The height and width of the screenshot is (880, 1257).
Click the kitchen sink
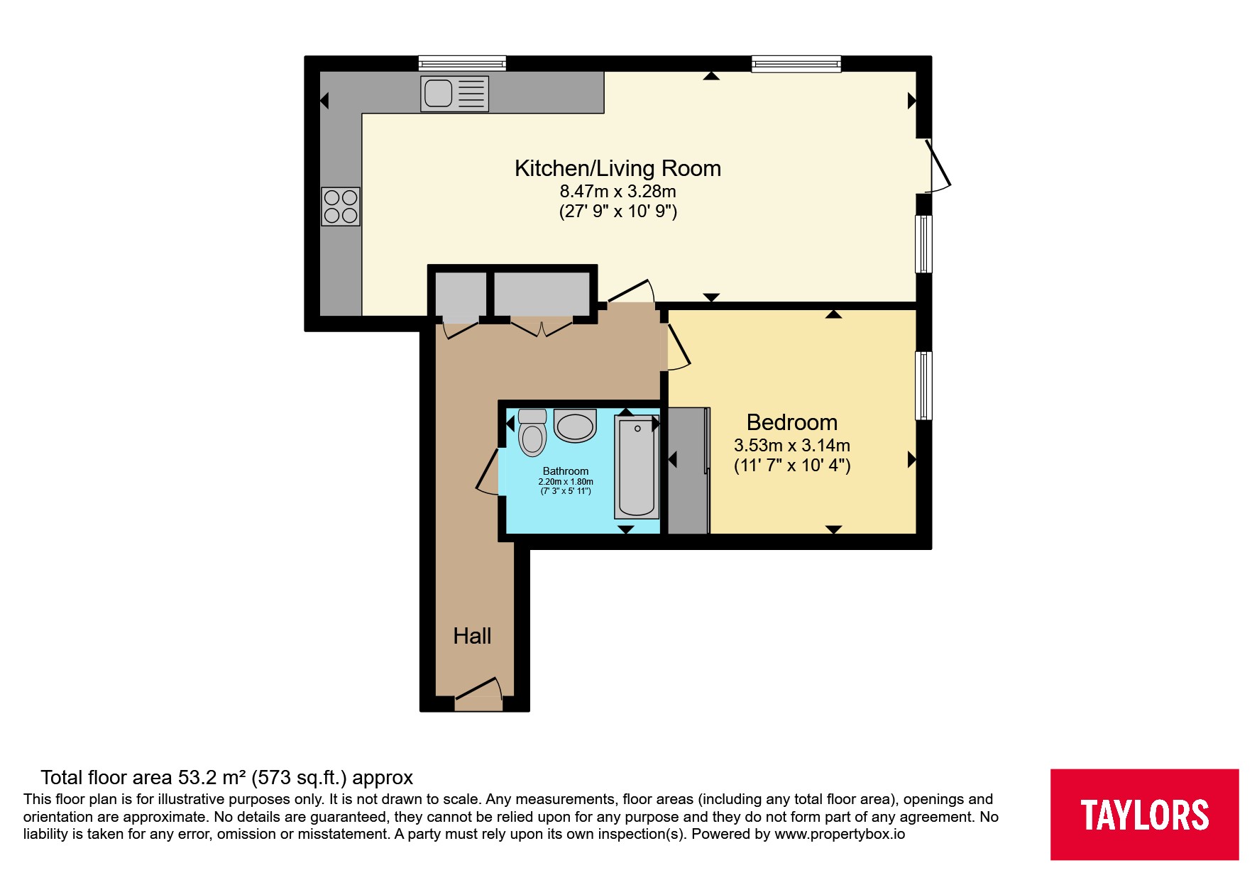(454, 94)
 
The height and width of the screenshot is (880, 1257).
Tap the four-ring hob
(341, 207)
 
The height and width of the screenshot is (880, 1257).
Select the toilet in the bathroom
(532, 432)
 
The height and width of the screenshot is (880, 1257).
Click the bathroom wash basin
(575, 426)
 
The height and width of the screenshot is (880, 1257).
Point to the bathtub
(637, 467)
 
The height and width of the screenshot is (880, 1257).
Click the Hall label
(472, 636)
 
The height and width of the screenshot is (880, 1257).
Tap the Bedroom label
(792, 422)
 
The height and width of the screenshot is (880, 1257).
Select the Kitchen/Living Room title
(617, 168)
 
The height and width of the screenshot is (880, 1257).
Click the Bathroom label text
(566, 471)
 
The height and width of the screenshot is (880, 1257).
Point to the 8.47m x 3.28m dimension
(617, 191)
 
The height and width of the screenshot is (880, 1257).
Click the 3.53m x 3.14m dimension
(792, 446)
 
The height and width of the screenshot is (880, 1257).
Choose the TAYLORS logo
(1144, 815)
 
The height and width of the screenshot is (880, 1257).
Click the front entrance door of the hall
(479, 693)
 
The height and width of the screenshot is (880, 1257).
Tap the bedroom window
(923, 386)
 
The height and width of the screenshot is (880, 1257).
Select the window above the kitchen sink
(462, 63)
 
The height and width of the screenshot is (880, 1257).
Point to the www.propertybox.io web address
(840, 834)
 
